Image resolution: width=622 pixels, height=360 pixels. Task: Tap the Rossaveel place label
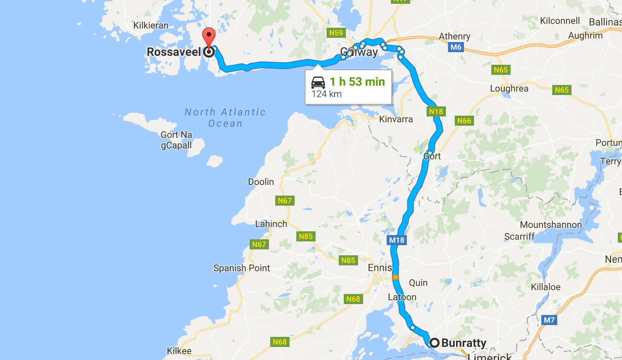click(174, 52)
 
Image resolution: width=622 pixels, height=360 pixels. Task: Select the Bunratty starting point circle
click(434, 343)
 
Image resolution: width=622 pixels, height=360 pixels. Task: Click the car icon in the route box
click(318, 82)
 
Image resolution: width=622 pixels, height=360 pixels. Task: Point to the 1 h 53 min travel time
click(357, 82)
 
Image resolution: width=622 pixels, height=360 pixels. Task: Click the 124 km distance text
click(327, 94)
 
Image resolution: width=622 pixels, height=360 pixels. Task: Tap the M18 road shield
click(396, 240)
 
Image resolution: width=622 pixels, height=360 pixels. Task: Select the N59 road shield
click(336, 33)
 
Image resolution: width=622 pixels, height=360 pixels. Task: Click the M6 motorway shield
click(456, 47)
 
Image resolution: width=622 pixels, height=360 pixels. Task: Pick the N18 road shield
click(436, 111)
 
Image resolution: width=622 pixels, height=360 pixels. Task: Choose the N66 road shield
click(464, 121)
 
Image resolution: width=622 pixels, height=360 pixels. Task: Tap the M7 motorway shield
click(549, 320)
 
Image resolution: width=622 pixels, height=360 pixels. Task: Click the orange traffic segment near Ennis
click(395, 277)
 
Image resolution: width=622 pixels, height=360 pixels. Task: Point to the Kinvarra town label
click(396, 119)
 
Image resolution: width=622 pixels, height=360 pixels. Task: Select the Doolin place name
click(261, 182)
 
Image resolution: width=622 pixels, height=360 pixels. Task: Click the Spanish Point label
click(242, 268)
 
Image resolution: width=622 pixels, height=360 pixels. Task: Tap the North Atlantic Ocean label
click(225, 118)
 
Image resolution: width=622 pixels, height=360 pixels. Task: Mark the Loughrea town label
click(509, 89)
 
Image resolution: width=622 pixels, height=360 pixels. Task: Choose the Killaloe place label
click(546, 287)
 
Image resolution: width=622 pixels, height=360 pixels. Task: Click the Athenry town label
click(454, 37)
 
